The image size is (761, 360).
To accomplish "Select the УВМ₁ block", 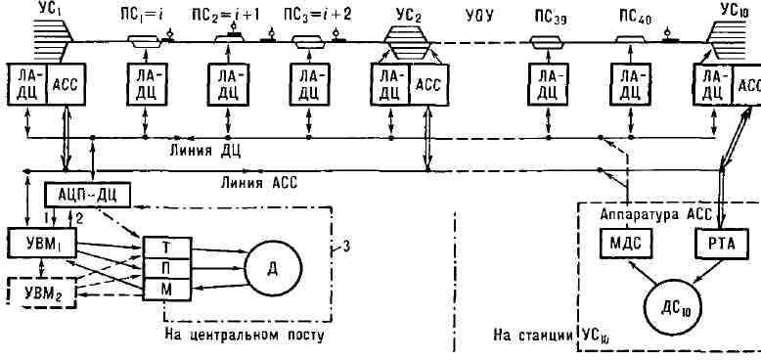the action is (42, 243).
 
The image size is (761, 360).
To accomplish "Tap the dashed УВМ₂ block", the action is (42, 293).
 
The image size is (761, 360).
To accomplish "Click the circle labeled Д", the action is (273, 267).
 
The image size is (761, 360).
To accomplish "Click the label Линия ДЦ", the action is (205, 151).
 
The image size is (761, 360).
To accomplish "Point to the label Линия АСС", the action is (258, 183).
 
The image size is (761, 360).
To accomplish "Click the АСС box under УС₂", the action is (429, 84).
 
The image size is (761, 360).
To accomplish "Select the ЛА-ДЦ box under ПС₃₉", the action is (548, 84).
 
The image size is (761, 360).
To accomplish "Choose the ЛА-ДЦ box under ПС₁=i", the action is (146, 84).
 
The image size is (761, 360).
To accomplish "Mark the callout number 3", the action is (345, 248).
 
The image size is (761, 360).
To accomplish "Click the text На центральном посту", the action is (244, 336).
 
